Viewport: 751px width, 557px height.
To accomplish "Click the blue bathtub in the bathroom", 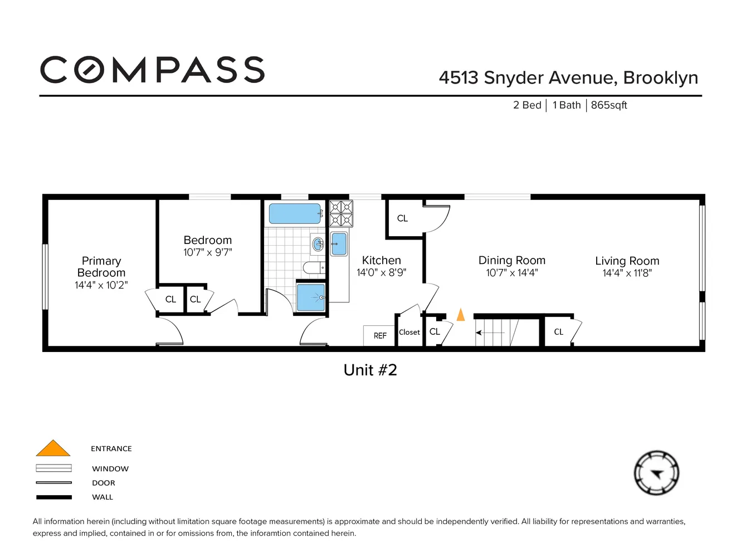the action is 295,213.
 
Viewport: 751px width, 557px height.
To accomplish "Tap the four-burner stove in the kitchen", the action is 341,213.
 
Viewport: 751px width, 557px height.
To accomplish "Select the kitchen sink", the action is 339,243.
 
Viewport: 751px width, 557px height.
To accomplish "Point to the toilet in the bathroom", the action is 314,267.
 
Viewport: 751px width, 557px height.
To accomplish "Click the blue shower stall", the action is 311,297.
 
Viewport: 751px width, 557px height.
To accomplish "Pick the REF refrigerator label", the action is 380,335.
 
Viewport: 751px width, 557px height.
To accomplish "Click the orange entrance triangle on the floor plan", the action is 461,314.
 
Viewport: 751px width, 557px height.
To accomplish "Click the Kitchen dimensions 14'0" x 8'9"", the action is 381,272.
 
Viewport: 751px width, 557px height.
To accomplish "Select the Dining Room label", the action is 511,260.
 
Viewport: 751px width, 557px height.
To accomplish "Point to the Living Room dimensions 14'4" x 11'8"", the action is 627,273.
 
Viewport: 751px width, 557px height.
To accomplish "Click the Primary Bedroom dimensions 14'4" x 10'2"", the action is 101,285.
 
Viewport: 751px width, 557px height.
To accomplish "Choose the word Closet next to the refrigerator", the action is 409,332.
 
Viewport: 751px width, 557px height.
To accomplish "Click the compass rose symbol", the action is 656,473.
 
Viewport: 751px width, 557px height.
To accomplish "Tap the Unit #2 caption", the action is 370,370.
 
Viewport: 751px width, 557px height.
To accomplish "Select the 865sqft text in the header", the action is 609,105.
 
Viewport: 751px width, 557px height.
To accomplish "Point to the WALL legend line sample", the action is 54,497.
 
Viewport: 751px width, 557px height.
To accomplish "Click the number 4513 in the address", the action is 459,78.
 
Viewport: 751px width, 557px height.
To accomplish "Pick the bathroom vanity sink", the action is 318,243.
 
